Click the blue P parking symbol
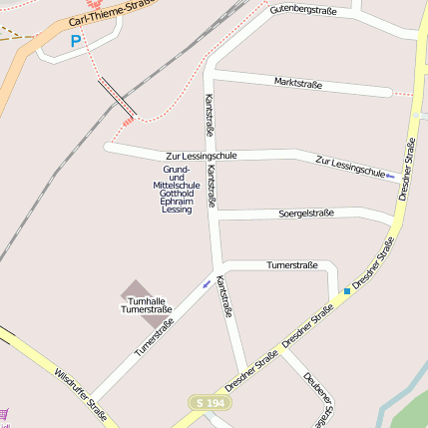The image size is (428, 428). point(75,41)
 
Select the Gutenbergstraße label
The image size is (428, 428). point(302,10)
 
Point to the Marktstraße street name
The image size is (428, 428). point(297,84)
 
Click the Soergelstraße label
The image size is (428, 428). point(305,213)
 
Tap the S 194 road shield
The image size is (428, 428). point(210,401)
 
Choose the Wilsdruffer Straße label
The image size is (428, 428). point(80,393)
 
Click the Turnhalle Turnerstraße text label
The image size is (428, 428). point(146,305)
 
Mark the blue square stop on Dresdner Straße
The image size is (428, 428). point(347,291)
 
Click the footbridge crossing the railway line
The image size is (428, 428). point(118,97)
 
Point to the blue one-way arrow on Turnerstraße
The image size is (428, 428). point(207,283)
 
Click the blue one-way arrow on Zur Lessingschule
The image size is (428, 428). point(391,177)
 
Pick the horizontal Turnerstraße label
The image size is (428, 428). point(292,265)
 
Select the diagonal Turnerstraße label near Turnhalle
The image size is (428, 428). point(154,337)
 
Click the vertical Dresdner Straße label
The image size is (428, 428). point(409,170)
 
